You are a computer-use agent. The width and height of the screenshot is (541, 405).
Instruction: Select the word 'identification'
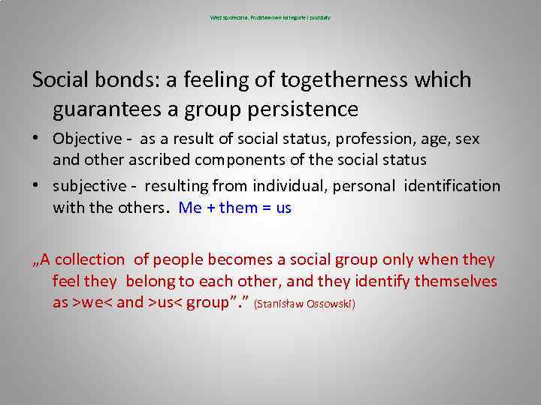click(x=452, y=185)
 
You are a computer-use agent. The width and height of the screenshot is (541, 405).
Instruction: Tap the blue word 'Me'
click(x=190, y=208)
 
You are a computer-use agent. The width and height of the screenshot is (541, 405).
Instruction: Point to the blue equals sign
click(x=266, y=208)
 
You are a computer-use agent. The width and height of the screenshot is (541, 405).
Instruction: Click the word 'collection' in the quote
click(x=89, y=259)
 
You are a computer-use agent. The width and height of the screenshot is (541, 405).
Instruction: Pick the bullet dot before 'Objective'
click(x=36, y=139)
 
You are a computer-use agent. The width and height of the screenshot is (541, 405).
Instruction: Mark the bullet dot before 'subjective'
click(x=36, y=186)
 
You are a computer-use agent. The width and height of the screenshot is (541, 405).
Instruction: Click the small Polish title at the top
click(x=270, y=16)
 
